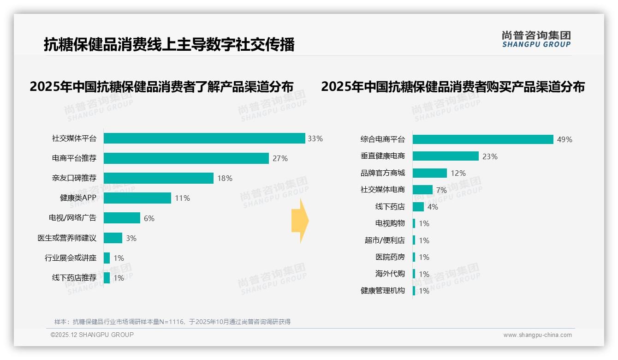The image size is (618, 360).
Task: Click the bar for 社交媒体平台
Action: tap(204, 138)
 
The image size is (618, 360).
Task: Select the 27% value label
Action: tap(280, 159)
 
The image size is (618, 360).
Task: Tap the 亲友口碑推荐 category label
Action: tap(74, 178)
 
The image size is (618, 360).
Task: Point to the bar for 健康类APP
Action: tap(137, 198)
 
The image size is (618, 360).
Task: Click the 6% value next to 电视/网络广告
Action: tap(149, 218)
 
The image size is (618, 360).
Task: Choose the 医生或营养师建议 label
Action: tap(67, 238)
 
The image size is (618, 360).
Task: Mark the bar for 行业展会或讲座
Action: tap(107, 258)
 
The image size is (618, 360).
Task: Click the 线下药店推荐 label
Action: tap(74, 278)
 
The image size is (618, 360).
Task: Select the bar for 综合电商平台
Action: tap(483, 139)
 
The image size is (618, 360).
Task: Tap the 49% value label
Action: tap(565, 139)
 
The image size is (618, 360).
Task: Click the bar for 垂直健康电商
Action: tap(446, 156)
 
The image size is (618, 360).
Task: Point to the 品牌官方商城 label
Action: tap(383, 173)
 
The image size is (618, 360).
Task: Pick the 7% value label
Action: tap(441, 190)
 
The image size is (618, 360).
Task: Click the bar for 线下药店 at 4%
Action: tap(418, 207)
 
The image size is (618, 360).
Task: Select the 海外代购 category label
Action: tap(390, 274)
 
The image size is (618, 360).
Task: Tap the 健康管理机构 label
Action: tap(383, 291)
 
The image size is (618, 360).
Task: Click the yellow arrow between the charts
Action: tap(300, 221)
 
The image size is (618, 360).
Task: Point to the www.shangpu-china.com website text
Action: tap(537, 335)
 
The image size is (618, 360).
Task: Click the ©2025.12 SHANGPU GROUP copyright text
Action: tap(92, 335)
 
